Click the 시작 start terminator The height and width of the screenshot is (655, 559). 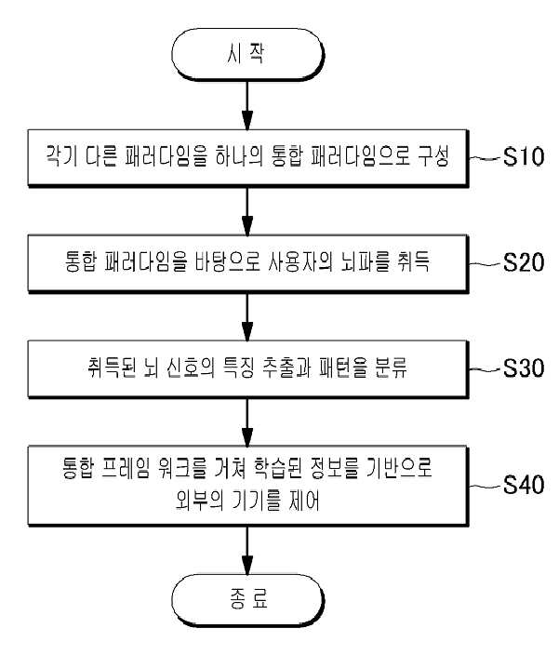click(247, 54)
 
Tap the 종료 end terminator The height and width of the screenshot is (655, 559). click(247, 600)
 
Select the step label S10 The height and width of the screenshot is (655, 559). click(523, 156)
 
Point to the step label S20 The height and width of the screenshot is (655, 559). click(523, 262)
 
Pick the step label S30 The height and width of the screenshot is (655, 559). click(523, 368)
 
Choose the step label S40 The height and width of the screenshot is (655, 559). click(523, 485)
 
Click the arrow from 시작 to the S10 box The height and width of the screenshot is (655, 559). click(247, 105)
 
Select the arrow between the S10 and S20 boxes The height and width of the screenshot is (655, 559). click(247, 211)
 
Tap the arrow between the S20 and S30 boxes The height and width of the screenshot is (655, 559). click(247, 317)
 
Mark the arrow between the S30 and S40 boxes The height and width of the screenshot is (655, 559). click(247, 422)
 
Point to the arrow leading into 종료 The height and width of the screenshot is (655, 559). click(247, 550)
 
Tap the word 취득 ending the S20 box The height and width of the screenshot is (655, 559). click(413, 262)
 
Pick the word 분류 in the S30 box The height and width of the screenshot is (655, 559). click(391, 368)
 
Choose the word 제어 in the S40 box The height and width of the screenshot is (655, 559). click(303, 501)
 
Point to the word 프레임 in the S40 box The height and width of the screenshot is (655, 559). click(126, 468)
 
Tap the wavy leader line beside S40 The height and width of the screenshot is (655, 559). click(485, 486)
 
